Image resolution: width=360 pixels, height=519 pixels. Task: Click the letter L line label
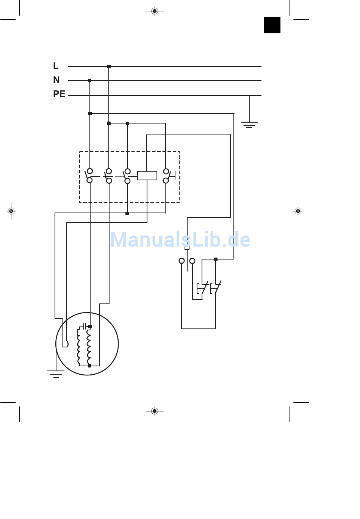(56, 66)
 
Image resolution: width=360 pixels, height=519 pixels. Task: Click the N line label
(56, 80)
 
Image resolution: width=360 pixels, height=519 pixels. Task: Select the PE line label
(59, 94)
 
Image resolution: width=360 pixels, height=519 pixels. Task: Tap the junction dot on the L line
(109, 67)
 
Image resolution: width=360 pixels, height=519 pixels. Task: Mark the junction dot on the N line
(90, 81)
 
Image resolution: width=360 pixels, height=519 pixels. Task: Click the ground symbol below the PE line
(249, 125)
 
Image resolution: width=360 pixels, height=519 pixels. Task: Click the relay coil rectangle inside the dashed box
(147, 175)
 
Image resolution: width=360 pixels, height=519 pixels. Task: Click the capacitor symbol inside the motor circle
(85, 326)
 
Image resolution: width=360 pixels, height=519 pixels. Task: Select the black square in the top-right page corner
(272, 25)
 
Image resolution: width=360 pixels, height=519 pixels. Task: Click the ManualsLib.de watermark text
(180, 240)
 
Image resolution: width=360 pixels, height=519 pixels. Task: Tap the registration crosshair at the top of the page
(154, 11)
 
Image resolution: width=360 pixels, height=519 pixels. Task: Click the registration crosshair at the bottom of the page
(154, 411)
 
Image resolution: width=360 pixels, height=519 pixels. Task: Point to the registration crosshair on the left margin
(11, 211)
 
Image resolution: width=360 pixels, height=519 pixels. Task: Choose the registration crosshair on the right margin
(298, 211)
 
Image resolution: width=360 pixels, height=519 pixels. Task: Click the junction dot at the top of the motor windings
(90, 327)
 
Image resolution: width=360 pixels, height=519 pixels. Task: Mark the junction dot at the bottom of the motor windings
(90, 366)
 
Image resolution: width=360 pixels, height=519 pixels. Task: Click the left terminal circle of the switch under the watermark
(182, 261)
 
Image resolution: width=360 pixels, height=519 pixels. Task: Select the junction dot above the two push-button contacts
(216, 259)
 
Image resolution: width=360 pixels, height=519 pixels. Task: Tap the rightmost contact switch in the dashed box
(166, 176)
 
